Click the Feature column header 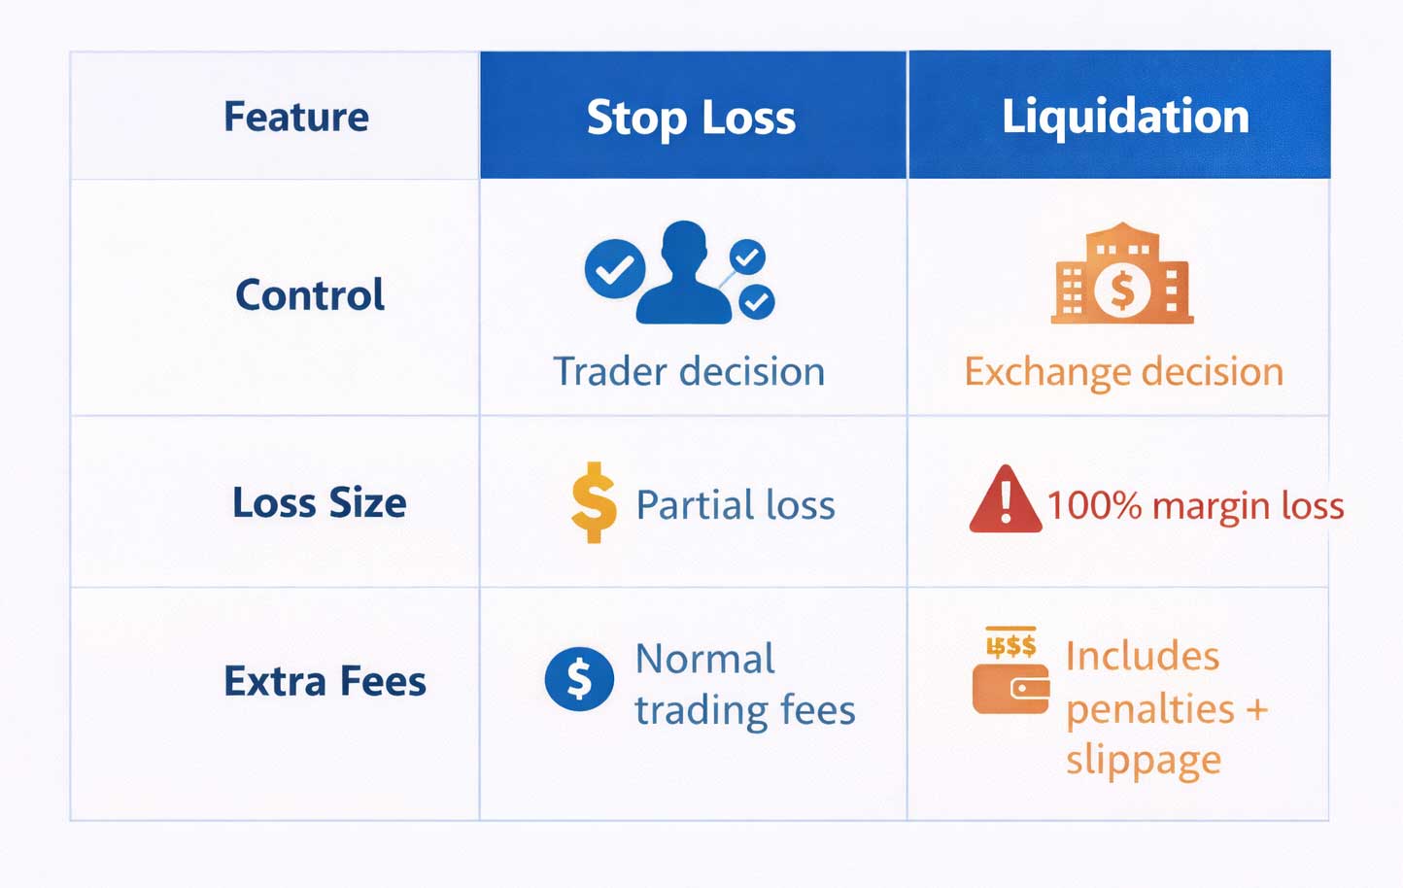(296, 117)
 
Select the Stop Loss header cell (691, 118)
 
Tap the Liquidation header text (1125, 117)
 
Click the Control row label (310, 295)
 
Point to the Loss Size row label (320, 503)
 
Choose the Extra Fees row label (325, 681)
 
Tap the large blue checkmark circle (614, 269)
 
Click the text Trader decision (689, 372)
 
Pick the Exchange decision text (1123, 372)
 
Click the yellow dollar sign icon (594, 502)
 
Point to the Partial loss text (736, 505)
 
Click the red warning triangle (1005, 501)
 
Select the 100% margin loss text (1195, 505)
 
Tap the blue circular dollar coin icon (579, 678)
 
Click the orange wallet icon (1011, 687)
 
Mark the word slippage (1143, 760)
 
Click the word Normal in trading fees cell (704, 659)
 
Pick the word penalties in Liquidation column (1149, 709)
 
